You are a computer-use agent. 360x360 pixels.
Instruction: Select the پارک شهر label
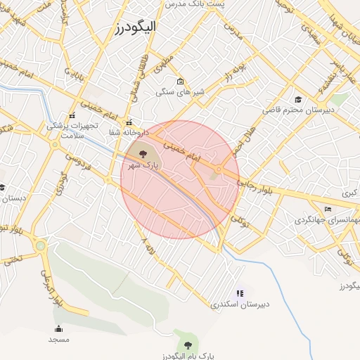145,165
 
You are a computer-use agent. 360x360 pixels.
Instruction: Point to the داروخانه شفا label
124,131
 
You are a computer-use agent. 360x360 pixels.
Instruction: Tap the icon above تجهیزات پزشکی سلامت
71,115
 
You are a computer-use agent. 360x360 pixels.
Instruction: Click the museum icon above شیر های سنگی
181,81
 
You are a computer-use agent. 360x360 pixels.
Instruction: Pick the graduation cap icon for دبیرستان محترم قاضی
298,100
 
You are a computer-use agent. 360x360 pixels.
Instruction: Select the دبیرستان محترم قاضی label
292,110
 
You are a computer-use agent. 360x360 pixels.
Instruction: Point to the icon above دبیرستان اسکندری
240,292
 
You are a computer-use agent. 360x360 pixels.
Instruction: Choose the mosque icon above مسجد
58,329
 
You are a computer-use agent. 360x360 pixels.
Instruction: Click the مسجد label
58,340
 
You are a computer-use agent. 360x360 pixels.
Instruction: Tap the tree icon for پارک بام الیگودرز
186,344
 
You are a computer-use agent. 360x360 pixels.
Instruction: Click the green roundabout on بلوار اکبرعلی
40,246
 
